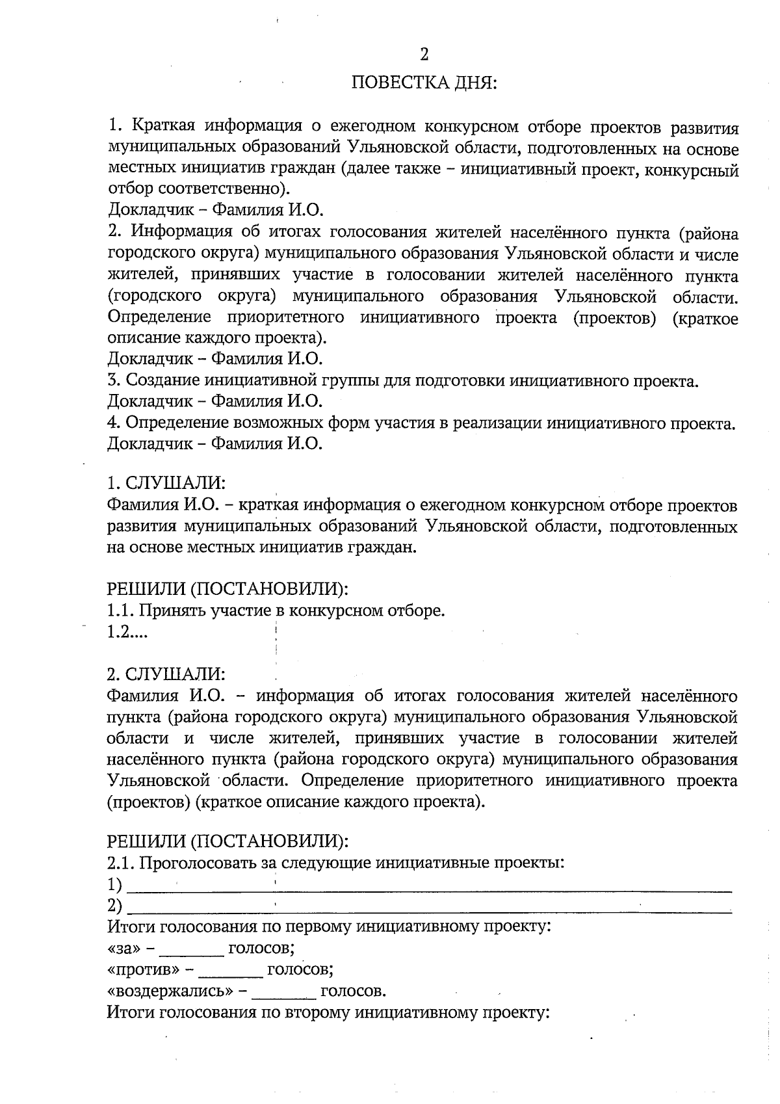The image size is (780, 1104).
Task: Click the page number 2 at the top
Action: pos(424,55)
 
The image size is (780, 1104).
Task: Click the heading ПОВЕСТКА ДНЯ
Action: pos(424,84)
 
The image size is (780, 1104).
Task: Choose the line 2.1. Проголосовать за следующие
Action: pos(335,863)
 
